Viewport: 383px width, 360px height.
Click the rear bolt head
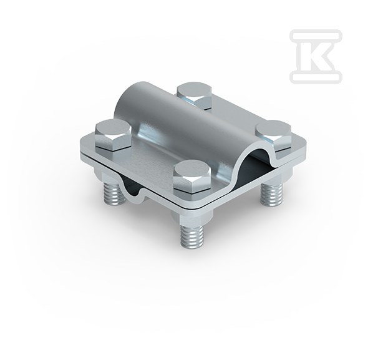tap(194, 95)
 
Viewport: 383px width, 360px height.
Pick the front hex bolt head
tap(192, 177)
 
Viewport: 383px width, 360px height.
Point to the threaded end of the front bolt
tap(192, 235)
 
